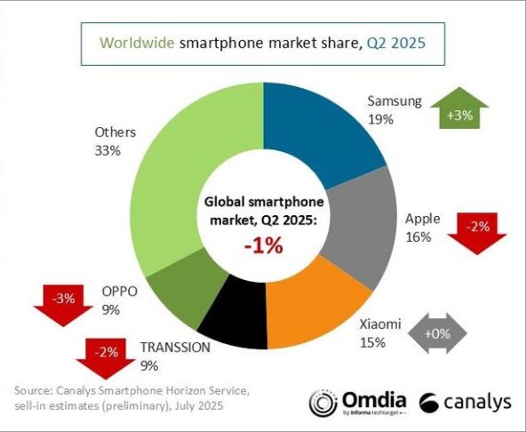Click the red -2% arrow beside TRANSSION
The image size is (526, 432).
point(108,356)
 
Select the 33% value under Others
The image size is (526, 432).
point(108,151)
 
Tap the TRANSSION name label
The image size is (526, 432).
point(174,348)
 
